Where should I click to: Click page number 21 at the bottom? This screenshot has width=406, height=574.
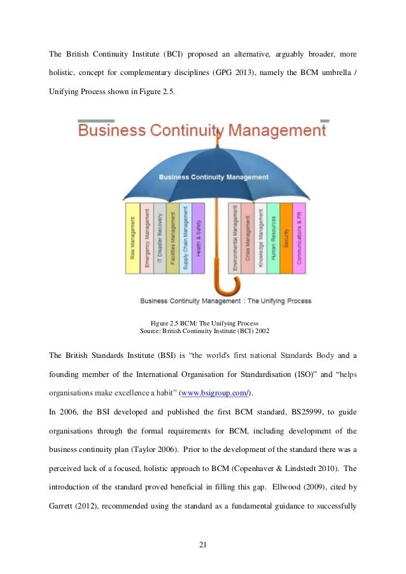(x=203, y=545)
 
